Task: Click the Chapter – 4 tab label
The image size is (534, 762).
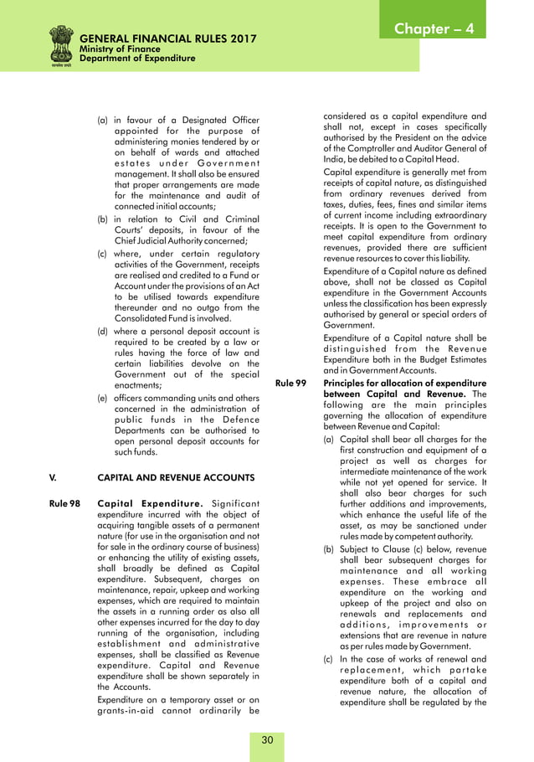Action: (434, 28)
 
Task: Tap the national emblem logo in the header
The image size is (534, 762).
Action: (60, 45)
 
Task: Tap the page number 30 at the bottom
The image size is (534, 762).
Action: (267, 739)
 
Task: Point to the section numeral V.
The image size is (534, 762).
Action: (54, 479)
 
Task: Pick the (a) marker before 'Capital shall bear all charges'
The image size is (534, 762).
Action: (329, 439)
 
